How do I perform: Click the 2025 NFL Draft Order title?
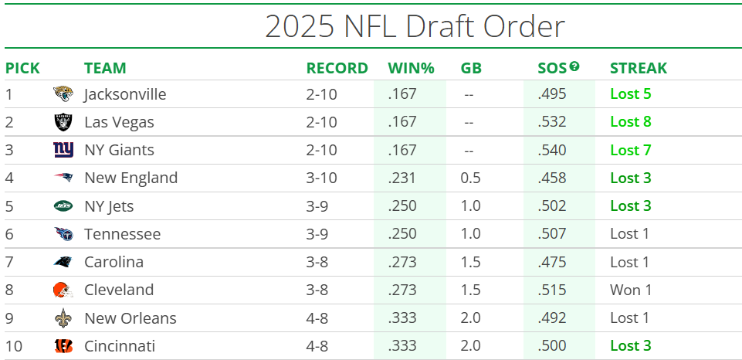(x=415, y=26)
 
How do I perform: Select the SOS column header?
(x=551, y=68)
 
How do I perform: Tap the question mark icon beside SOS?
(x=574, y=66)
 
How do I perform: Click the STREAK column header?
(x=638, y=68)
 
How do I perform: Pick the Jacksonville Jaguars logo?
(x=63, y=94)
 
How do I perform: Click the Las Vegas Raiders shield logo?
(x=63, y=122)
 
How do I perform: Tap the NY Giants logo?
(x=63, y=150)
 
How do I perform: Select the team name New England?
(x=130, y=178)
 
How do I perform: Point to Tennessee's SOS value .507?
(x=552, y=234)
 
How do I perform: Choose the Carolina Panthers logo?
(x=63, y=262)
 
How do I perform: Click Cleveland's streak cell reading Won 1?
(x=630, y=290)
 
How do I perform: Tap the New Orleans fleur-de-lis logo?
(x=63, y=318)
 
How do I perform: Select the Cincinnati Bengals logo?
(x=63, y=345)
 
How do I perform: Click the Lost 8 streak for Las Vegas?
(x=630, y=122)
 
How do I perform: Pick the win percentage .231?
(x=401, y=178)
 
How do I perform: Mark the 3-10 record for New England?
(x=322, y=178)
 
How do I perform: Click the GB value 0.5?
(x=470, y=178)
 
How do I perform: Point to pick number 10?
(x=14, y=345)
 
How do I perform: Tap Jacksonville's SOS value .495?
(x=552, y=94)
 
